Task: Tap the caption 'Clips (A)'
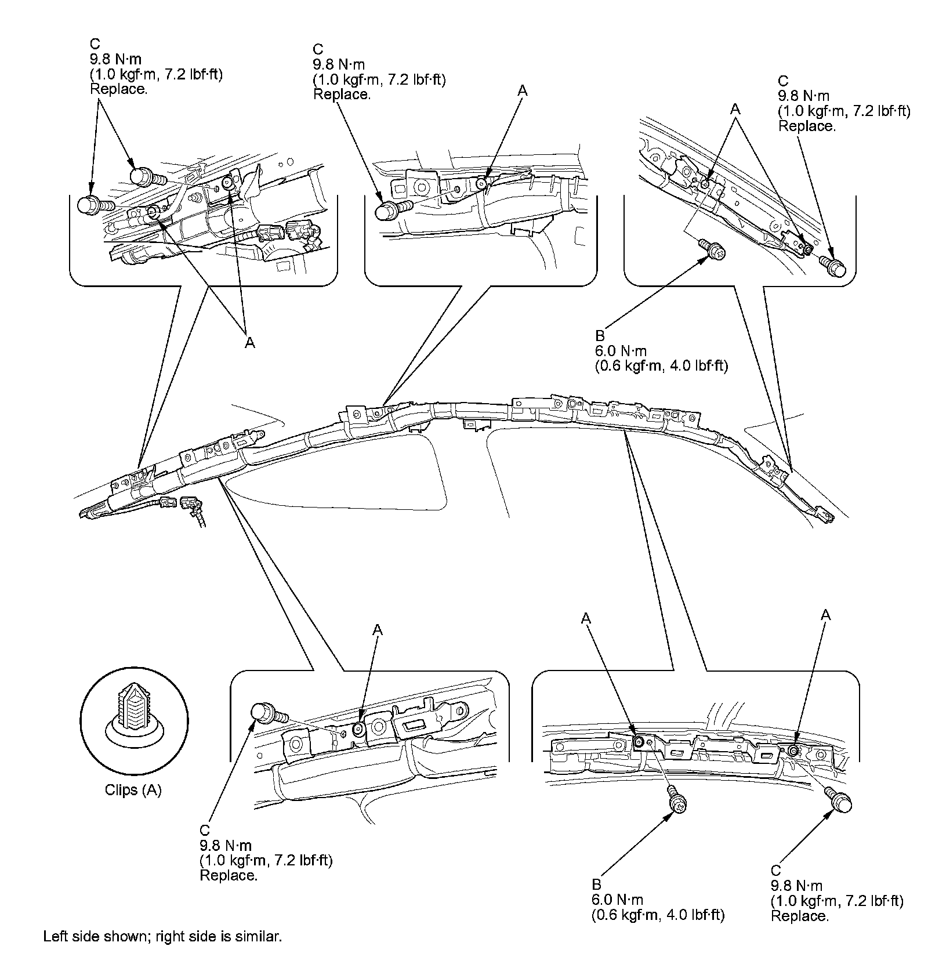click(x=133, y=789)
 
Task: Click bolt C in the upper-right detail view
click(x=833, y=266)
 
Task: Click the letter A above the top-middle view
click(x=523, y=90)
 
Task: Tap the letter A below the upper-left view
click(x=249, y=343)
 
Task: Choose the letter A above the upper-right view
click(x=735, y=108)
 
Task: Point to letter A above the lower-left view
click(x=378, y=629)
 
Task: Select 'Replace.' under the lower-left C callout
click(x=228, y=875)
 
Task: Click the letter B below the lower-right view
click(x=596, y=885)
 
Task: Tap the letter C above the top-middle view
click(x=317, y=50)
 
